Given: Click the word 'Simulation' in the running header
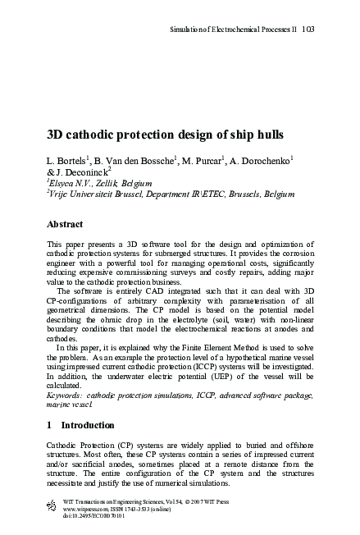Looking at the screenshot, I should pyautogui.click(x=187, y=28).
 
